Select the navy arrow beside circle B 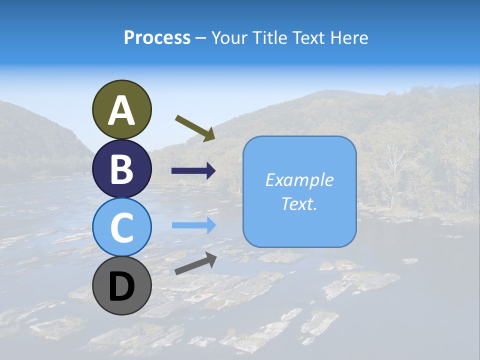tap(193, 171)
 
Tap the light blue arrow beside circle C tap(193, 225)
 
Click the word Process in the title tap(157, 38)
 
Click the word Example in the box tap(299, 180)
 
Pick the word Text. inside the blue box tap(299, 203)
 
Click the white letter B tap(122, 169)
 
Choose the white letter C tap(122, 228)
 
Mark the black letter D tap(122, 286)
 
